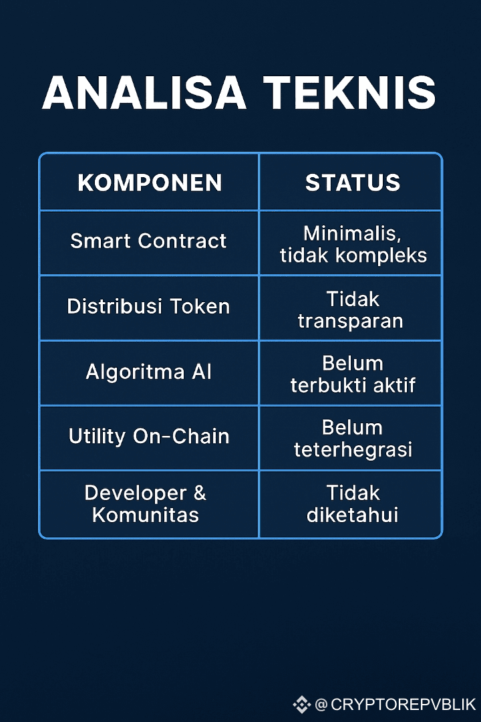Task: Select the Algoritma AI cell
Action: click(x=149, y=372)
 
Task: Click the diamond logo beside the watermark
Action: click(x=302, y=704)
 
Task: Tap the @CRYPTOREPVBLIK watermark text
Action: click(x=395, y=704)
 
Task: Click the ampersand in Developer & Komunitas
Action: click(x=200, y=493)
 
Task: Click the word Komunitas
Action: click(x=146, y=515)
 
